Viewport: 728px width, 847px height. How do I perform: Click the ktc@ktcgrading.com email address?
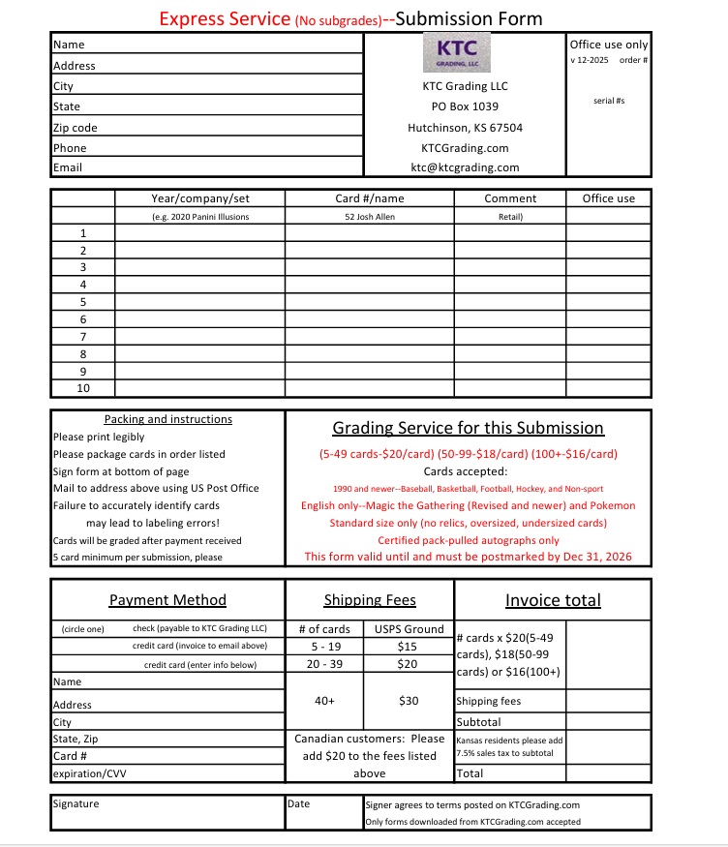tap(465, 167)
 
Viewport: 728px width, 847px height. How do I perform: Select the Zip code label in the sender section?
tap(76, 128)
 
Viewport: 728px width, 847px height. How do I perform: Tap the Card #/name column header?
tap(369, 198)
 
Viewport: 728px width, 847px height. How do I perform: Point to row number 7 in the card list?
tap(83, 336)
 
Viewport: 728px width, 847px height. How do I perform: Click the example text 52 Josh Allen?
tap(369, 217)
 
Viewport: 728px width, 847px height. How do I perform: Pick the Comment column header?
tap(510, 198)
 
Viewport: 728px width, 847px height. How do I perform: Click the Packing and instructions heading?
tap(167, 419)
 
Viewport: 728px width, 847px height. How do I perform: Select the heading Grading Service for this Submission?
tap(468, 428)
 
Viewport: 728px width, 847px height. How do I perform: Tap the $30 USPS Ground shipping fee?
tap(409, 700)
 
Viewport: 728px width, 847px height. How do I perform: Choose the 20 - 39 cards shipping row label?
tap(323, 664)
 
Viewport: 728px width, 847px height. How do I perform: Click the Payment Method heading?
tap(167, 600)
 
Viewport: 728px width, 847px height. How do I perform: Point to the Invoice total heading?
tap(553, 600)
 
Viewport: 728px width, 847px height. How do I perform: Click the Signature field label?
tap(76, 803)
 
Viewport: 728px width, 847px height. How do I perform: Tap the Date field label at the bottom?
tap(299, 803)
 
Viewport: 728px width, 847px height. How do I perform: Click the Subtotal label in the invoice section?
tap(478, 722)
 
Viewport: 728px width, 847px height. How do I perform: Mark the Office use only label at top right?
tap(609, 45)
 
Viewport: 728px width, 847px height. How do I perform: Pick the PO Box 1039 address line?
tap(465, 106)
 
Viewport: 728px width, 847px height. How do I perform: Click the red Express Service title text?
tap(224, 18)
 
